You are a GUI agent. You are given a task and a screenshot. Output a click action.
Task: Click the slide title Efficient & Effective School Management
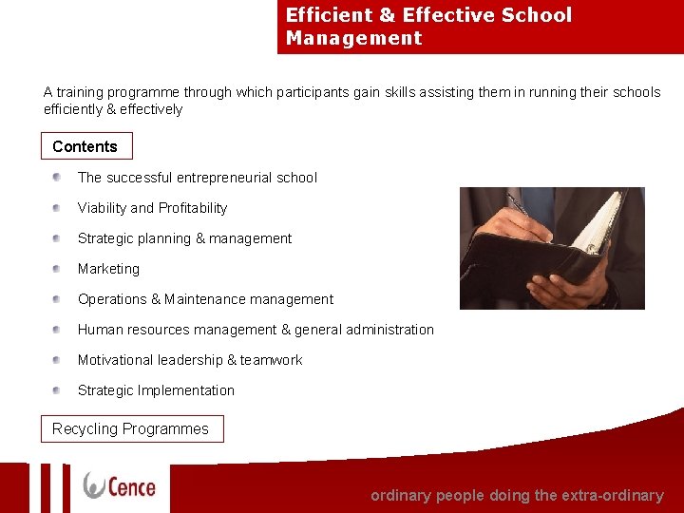[429, 27]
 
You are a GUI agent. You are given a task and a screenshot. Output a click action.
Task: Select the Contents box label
[85, 146]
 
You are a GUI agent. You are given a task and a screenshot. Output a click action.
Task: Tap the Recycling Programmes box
[131, 429]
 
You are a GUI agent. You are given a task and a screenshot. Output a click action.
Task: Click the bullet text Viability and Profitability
[152, 208]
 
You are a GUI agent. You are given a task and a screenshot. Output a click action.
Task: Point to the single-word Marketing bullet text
[108, 269]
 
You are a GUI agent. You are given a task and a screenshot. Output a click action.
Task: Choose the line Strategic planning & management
[184, 238]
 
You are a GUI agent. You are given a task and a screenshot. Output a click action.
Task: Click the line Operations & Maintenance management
[205, 299]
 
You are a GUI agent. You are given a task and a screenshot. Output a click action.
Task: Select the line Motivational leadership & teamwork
[190, 360]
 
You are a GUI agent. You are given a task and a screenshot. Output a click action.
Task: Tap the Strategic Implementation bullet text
[156, 390]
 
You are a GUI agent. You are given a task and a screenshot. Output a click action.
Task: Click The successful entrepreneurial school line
[198, 178]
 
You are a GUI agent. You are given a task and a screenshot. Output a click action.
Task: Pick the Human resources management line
[256, 330]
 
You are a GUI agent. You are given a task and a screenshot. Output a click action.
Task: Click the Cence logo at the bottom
[120, 485]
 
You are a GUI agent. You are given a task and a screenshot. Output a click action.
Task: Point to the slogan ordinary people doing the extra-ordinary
[517, 495]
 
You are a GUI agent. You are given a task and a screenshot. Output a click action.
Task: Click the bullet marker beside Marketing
[58, 269]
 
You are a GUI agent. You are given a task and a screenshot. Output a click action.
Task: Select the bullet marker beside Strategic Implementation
[58, 390]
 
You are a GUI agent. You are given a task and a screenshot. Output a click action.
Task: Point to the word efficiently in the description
[76, 109]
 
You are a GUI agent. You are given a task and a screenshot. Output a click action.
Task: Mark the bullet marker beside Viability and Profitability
[58, 208]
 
